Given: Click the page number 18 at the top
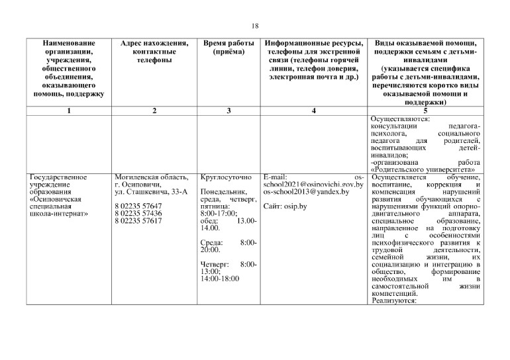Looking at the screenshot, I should tap(255, 26).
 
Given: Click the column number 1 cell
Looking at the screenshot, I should tap(69, 111).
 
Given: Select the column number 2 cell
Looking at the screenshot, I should tap(154, 111).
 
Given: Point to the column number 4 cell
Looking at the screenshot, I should tap(313, 111).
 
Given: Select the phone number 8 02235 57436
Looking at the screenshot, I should tap(138, 214).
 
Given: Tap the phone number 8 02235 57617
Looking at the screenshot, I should tap(138, 221).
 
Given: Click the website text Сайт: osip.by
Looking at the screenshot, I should tap(285, 206).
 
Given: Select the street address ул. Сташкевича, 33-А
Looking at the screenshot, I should tap(152, 192).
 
